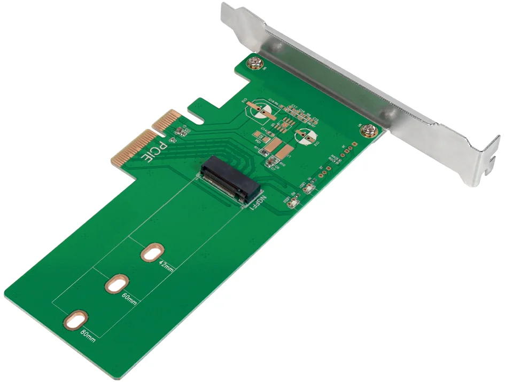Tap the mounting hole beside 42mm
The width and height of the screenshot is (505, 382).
(153, 252)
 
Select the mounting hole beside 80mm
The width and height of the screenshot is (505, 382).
(76, 321)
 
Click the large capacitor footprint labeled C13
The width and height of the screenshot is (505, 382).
(258, 110)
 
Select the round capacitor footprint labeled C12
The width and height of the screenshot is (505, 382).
(306, 137)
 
